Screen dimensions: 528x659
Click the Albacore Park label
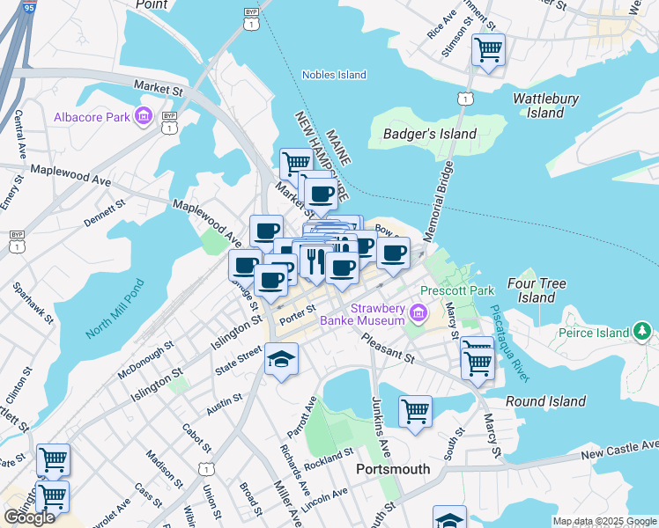pyautogui.click(x=91, y=117)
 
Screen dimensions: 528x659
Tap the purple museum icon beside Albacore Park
pyautogui.click(x=143, y=116)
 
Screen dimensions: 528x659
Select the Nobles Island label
pyautogui.click(x=334, y=75)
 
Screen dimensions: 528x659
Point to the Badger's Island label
pyautogui.click(x=431, y=134)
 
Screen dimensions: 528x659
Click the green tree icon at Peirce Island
pyautogui.click(x=644, y=332)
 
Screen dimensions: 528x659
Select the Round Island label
pyautogui.click(x=546, y=401)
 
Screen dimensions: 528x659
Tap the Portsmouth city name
pyautogui.click(x=393, y=469)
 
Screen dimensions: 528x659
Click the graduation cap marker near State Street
pyautogui.click(x=281, y=359)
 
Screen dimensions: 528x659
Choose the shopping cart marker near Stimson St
pyautogui.click(x=488, y=49)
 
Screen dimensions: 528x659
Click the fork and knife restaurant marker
pyautogui.click(x=315, y=260)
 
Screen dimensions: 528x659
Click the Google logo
pyautogui.click(x=30, y=517)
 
